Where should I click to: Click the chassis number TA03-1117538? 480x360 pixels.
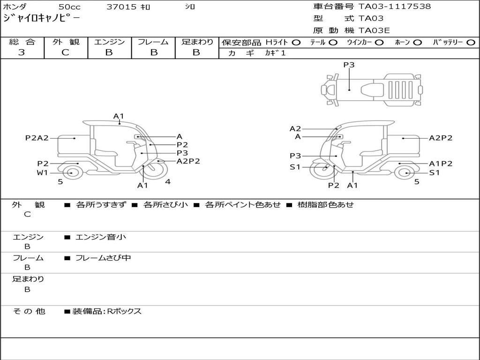click(394, 7)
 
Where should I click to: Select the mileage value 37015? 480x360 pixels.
click(121, 7)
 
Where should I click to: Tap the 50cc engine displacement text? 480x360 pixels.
click(69, 7)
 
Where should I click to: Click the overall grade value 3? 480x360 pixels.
click(22, 52)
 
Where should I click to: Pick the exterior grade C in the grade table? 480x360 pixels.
click(65, 52)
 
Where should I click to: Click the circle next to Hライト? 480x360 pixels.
click(296, 43)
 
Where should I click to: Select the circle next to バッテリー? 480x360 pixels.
click(471, 43)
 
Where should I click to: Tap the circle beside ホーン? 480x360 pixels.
click(417, 43)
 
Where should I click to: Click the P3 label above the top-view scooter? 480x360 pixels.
click(349, 65)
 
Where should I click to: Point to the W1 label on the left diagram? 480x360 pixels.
click(42, 172)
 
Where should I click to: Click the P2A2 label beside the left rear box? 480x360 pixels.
click(37, 138)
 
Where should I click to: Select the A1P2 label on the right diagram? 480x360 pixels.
click(441, 164)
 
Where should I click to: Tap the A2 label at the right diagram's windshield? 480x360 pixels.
click(295, 129)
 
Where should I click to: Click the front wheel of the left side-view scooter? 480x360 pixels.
click(156, 170)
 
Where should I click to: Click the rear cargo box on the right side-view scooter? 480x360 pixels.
click(404, 144)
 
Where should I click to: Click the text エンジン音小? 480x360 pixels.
click(101, 237)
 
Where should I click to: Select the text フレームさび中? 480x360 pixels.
click(103, 258)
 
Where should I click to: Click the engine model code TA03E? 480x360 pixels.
click(374, 30)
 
